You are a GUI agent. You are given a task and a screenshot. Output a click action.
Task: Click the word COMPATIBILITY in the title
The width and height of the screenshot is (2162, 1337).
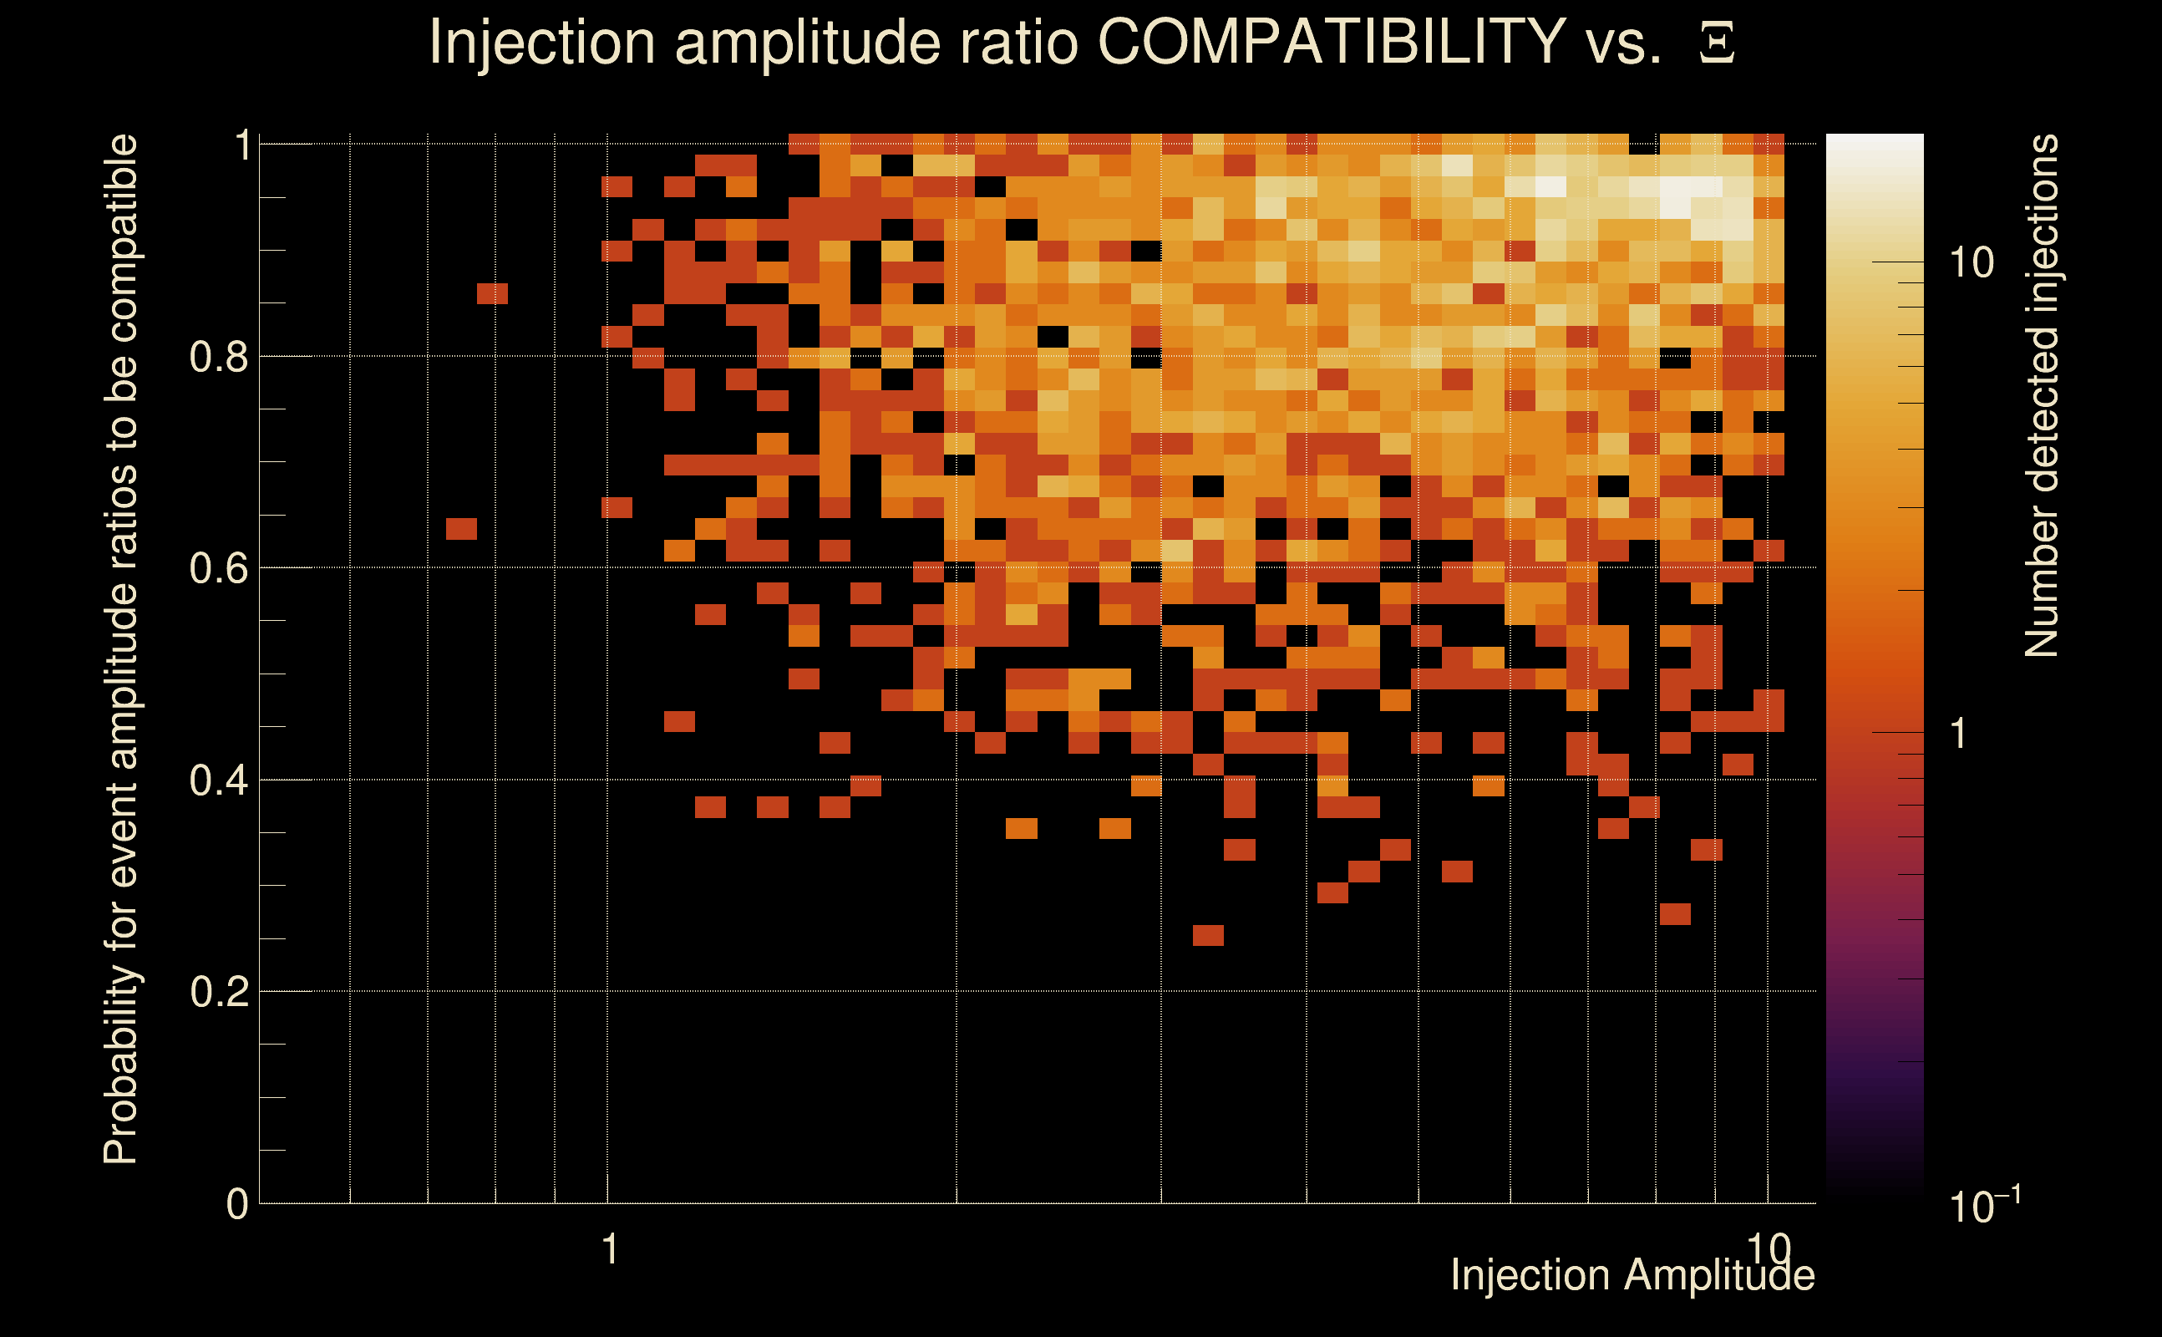pos(1331,43)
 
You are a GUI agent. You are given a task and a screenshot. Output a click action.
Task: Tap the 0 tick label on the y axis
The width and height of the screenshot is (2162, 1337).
pos(237,1203)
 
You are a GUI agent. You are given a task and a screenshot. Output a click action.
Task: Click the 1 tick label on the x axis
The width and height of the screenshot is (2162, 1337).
pos(609,1249)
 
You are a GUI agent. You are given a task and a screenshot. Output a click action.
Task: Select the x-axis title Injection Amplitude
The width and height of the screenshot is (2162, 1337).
pos(1632,1275)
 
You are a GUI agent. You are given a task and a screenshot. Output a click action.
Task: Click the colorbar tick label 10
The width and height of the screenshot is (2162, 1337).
pos(1971,262)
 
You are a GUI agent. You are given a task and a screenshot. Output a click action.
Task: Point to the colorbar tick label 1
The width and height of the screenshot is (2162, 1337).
pos(1959,733)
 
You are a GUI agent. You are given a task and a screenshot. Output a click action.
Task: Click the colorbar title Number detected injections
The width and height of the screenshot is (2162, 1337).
pos(2042,395)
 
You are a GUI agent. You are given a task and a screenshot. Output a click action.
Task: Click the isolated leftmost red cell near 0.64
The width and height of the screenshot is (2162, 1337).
pos(461,529)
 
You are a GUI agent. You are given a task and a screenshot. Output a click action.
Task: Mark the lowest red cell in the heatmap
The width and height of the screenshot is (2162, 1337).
pos(1208,935)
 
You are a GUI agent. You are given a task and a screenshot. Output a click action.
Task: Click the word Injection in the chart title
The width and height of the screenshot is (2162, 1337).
pos(541,43)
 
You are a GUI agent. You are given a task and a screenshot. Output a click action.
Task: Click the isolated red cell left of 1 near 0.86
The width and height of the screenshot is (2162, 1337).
pos(492,292)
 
